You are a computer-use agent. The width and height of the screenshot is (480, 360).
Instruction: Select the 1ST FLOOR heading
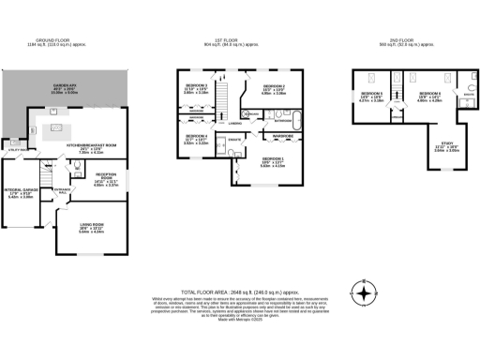pyautogui.click(x=231, y=40)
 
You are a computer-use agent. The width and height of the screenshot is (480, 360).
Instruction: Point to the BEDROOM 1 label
pyautogui.click(x=272, y=163)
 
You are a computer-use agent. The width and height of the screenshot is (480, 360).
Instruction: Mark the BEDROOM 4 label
pyautogui.click(x=195, y=141)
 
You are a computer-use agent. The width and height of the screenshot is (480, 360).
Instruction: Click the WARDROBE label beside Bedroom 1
pyautogui.click(x=283, y=137)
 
